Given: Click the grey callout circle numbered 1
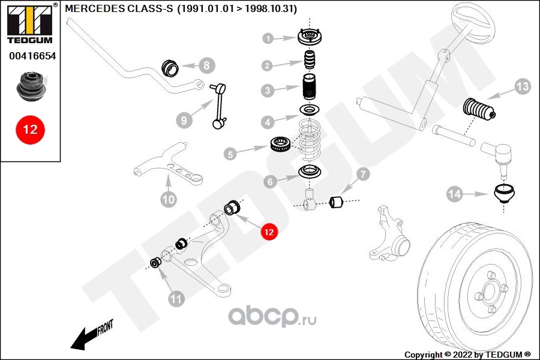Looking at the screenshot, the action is point(269,39).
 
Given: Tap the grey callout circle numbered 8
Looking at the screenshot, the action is point(205,65).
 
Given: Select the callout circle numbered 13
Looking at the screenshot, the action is point(523,87).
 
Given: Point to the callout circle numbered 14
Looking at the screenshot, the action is point(454,194).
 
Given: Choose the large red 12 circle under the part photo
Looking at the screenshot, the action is point(30,130).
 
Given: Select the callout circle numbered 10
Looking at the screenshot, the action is point(169,199).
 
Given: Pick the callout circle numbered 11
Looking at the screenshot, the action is point(176,298).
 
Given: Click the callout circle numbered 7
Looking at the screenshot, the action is point(364,175).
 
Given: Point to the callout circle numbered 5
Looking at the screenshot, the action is point(231,154).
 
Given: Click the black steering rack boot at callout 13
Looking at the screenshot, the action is point(479,113).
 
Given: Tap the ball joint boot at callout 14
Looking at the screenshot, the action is point(504,195).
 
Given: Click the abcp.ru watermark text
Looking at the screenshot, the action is point(274,317).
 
